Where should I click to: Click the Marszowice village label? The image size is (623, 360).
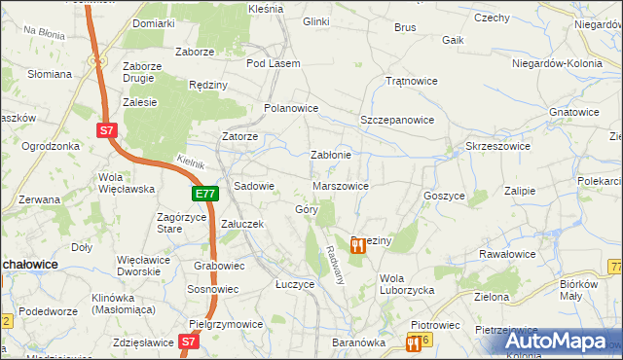coord(341,185)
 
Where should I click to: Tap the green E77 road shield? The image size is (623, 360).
coord(204,195)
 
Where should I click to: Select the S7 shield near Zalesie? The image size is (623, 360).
coord(108,128)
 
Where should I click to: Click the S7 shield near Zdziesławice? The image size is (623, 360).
coord(190,342)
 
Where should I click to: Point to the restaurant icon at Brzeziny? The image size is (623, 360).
coord(358,245)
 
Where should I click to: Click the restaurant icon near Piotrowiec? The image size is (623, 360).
coord(416,342)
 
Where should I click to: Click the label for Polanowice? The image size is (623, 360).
coord(292,108)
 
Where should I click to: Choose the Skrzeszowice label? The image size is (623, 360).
coord(497,145)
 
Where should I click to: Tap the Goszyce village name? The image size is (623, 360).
coord(444,195)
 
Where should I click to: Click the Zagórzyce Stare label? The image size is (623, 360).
coord(183,223)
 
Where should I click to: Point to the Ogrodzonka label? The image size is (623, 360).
coord(50,146)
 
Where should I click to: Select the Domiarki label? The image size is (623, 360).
coord(153,22)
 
